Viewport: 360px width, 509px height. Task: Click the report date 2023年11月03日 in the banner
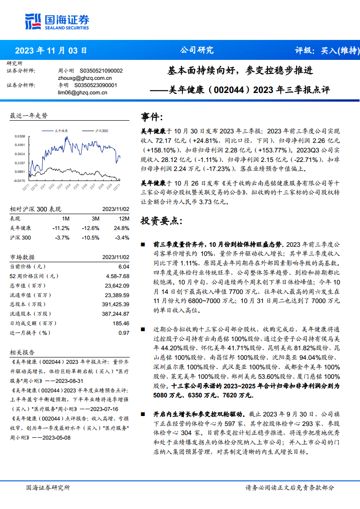(51, 50)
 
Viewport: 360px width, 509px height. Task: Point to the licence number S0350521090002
(101, 71)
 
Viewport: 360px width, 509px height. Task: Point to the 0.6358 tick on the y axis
(20, 136)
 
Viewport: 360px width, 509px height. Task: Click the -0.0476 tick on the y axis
(20, 181)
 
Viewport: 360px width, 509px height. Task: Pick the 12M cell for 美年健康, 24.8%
(122, 228)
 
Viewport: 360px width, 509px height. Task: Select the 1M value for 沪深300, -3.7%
(62, 238)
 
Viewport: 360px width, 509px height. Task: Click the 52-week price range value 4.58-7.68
(118, 276)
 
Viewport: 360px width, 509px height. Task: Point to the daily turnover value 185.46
(120, 323)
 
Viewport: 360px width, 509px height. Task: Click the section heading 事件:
(152, 118)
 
